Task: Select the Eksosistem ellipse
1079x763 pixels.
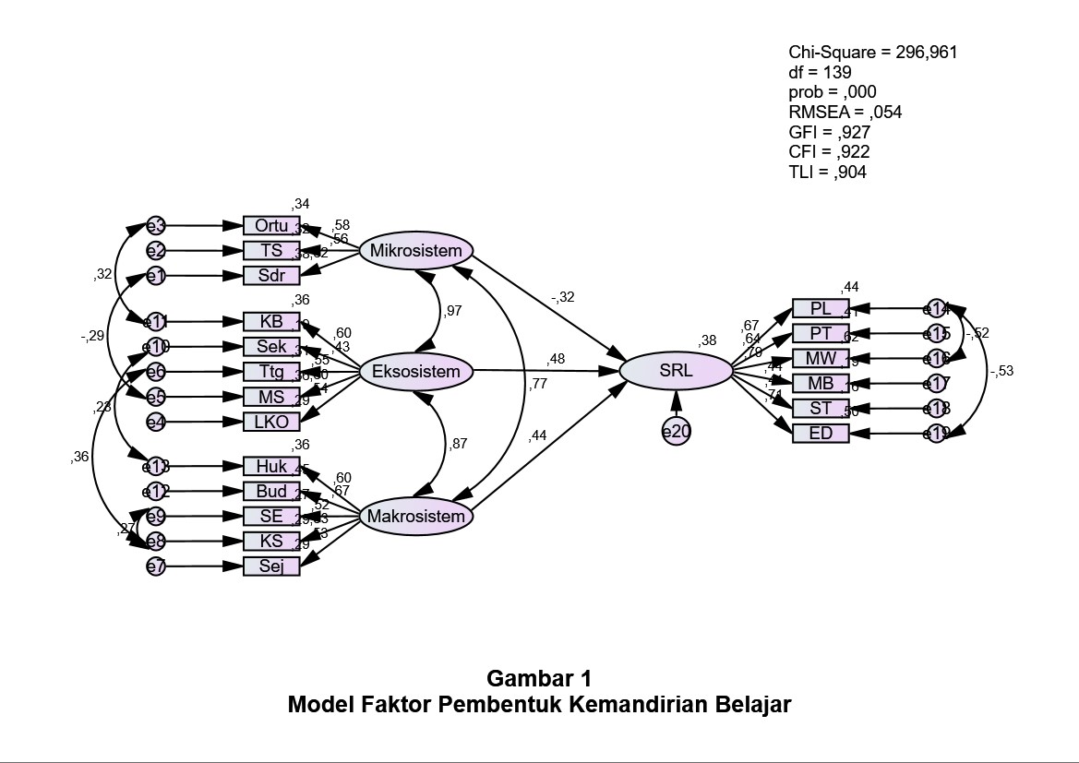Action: [415, 372]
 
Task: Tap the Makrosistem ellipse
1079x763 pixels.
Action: [415, 517]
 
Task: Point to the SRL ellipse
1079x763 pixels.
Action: [676, 371]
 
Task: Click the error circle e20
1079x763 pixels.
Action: [676, 430]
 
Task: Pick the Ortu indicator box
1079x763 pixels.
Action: [271, 225]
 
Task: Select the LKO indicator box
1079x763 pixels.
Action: [271, 423]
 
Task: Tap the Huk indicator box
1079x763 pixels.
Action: [271, 467]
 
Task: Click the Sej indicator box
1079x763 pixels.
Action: [271, 566]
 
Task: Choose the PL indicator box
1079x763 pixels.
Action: [820, 309]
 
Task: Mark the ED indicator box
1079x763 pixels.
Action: [820, 434]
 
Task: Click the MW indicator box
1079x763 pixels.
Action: [820, 359]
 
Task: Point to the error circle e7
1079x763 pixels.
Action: [155, 566]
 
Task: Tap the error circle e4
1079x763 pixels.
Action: [155, 423]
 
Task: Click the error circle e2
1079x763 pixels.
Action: [155, 251]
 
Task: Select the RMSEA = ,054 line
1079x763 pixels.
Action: [845, 113]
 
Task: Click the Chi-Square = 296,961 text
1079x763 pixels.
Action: [872, 53]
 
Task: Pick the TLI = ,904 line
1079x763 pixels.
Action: [827, 173]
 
